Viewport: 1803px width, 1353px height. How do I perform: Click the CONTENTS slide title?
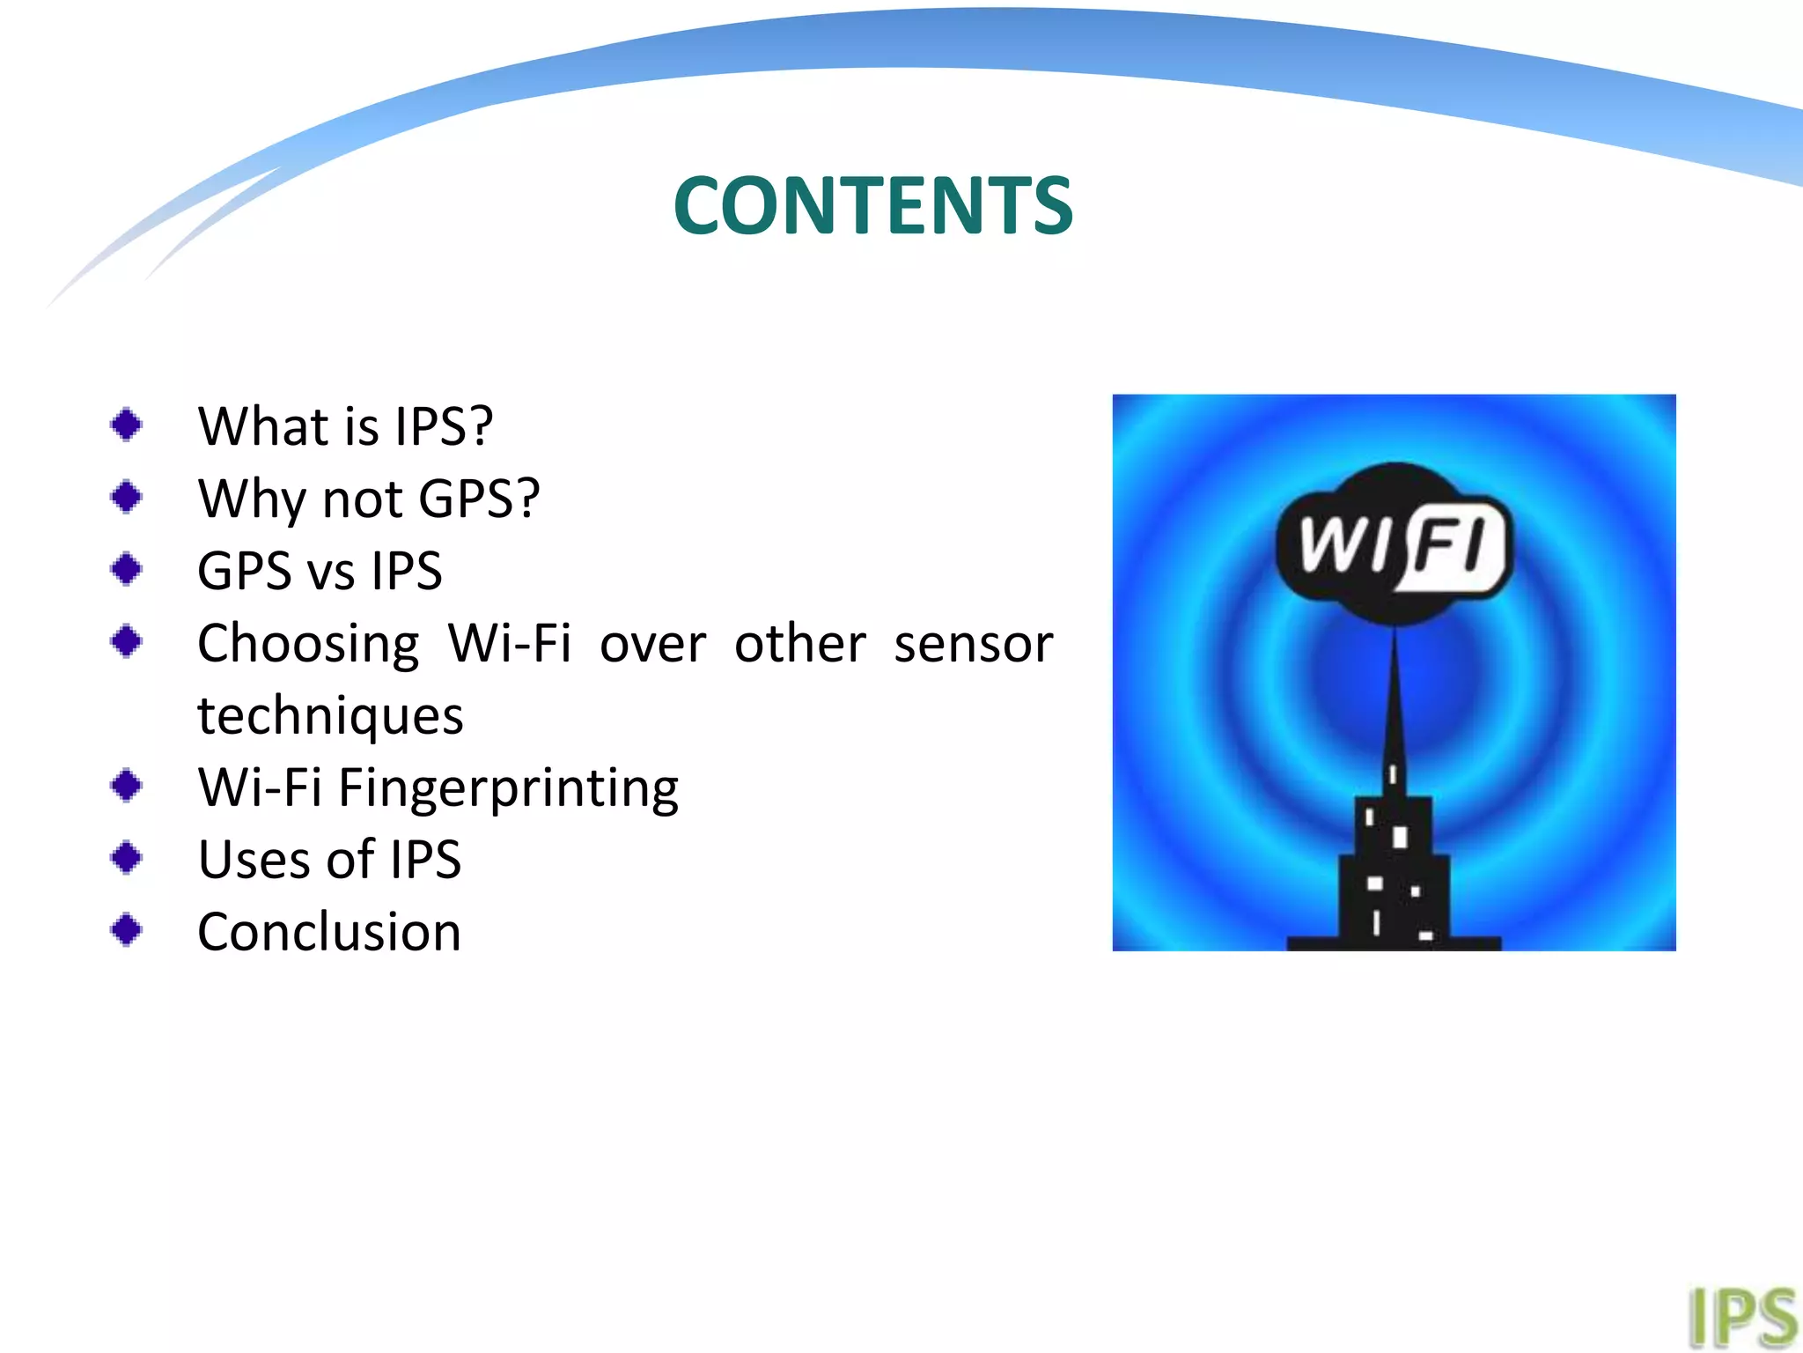pyautogui.click(x=872, y=206)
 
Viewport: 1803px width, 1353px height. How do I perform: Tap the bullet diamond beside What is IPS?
pyautogui.click(x=127, y=425)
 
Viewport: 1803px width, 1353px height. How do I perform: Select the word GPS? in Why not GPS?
pyautogui.click(x=478, y=499)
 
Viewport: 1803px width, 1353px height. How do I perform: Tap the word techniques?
pyautogui.click(x=330, y=715)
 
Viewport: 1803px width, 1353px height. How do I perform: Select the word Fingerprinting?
pyautogui.click(x=508, y=788)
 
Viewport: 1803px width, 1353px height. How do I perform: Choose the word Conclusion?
pyautogui.click(x=329, y=932)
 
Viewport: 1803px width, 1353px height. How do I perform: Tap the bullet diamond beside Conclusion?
pyautogui.click(x=127, y=929)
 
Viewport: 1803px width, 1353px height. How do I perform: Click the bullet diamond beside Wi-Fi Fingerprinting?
pyautogui.click(x=127, y=785)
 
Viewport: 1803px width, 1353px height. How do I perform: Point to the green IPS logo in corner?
pyautogui.click(x=1741, y=1318)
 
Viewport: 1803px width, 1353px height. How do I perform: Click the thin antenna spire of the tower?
pyautogui.click(x=1394, y=696)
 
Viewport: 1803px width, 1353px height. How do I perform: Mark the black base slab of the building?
pyautogui.click(x=1394, y=943)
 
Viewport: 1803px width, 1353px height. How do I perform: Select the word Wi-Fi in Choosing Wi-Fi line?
pyautogui.click(x=509, y=643)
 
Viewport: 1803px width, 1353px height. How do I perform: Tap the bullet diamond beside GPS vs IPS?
pyautogui.click(x=127, y=568)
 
